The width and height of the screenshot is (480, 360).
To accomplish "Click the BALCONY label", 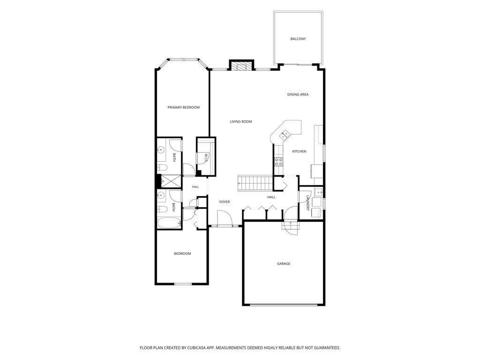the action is [x=298, y=39].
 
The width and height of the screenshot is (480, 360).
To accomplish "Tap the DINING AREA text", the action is [x=298, y=95].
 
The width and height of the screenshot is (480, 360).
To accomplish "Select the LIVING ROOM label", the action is [x=241, y=121].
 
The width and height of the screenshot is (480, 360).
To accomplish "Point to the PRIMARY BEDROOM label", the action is [x=183, y=107].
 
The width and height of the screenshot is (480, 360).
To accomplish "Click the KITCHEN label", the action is [x=299, y=151].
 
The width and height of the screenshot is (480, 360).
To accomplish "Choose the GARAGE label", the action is [x=284, y=263].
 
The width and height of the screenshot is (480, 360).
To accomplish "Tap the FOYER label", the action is [x=225, y=202].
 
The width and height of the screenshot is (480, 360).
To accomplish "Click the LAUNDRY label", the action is [x=308, y=203].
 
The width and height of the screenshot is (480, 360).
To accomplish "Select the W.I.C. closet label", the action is [x=206, y=157].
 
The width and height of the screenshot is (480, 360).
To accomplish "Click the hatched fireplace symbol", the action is [x=242, y=67].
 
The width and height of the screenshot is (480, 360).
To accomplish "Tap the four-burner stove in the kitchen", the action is [x=278, y=162].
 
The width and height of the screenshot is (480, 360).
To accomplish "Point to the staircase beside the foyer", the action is [x=255, y=183].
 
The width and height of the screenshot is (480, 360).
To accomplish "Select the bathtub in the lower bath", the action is [x=170, y=223].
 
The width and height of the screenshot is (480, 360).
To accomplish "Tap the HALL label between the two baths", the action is [x=195, y=187].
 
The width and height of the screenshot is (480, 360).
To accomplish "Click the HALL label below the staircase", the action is [x=271, y=197].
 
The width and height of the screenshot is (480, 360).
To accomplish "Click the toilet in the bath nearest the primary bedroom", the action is [x=162, y=167].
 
